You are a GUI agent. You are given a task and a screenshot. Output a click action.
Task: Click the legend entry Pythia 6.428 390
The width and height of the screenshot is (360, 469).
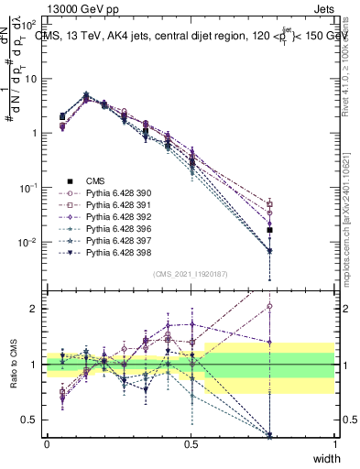(116, 193)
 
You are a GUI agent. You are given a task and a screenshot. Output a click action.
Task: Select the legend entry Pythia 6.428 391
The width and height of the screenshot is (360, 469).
(116, 205)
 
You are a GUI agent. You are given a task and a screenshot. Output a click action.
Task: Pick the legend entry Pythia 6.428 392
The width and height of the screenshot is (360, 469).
(116, 217)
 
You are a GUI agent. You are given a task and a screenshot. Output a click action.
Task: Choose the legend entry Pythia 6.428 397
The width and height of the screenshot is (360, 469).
(116, 240)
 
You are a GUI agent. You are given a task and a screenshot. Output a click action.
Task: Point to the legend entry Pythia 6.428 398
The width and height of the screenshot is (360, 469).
(116, 252)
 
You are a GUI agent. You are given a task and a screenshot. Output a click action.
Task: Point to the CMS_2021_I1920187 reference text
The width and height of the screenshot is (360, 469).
(191, 273)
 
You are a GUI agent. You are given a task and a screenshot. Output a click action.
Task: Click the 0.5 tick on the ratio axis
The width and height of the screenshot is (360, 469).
(32, 420)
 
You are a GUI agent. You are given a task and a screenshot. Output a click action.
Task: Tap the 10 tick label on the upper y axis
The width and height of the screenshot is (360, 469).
(31, 78)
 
